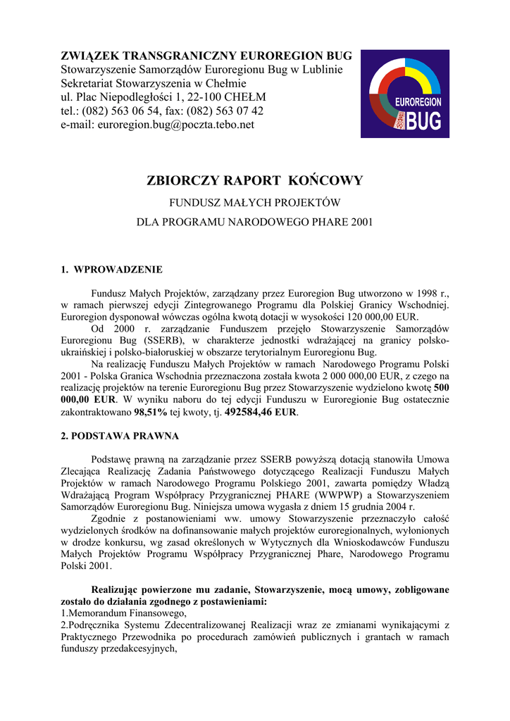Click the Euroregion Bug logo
pos(406,94)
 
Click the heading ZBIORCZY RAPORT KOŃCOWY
pos(255,180)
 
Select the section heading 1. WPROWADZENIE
pos(112,270)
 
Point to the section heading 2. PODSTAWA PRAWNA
pos(120,436)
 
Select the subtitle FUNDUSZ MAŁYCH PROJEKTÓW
pos(255,203)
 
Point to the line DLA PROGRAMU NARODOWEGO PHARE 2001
pos(255,222)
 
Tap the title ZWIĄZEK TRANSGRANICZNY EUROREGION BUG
pos(206,56)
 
